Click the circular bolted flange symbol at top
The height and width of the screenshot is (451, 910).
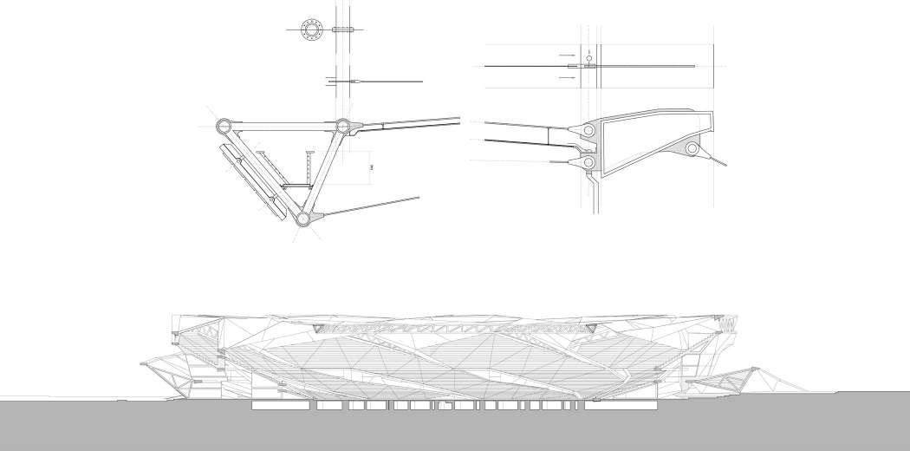(310, 29)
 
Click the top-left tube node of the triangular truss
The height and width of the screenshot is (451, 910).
(224, 126)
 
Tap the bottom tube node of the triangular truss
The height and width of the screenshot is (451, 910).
(302, 219)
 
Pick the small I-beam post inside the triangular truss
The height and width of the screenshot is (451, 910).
(310, 170)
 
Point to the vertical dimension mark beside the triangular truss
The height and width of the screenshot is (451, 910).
(371, 166)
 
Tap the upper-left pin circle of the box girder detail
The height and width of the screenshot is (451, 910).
(588, 130)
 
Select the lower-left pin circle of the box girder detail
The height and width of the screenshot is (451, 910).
(588, 162)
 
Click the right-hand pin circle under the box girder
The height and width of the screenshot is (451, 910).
(692, 150)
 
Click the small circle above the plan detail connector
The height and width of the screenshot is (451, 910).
(588, 51)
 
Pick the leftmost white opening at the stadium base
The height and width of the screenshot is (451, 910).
(276, 406)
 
